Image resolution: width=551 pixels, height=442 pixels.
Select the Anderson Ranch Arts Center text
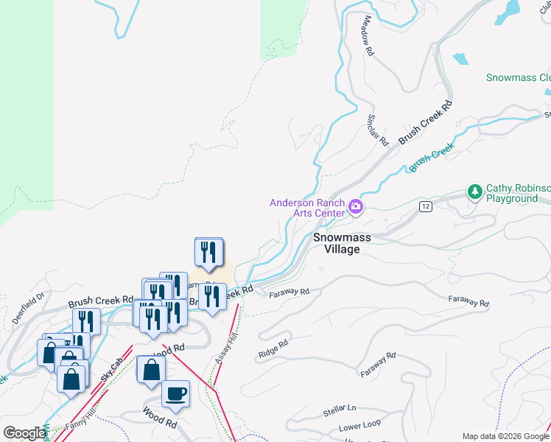point(307,208)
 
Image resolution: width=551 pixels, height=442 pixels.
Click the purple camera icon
point(356,207)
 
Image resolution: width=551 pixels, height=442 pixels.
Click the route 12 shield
point(426,207)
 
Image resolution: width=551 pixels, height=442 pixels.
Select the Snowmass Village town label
point(337,243)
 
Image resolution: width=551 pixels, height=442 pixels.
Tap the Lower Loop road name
point(360,427)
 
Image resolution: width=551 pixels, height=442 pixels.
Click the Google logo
point(24,433)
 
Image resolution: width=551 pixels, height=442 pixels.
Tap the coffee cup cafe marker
point(175,393)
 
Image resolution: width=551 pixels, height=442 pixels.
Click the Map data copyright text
point(505,436)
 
